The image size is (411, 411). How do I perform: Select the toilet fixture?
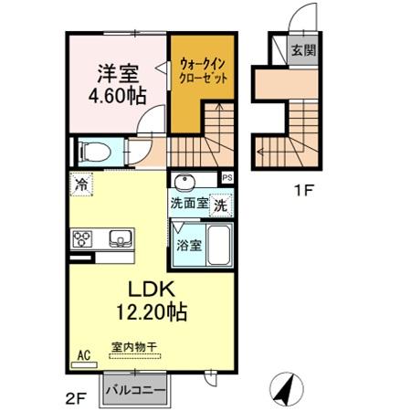[95, 152]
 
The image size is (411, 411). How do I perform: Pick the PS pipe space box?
[227, 178]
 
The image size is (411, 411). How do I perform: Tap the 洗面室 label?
[188, 205]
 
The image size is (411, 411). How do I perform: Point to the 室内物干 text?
[134, 347]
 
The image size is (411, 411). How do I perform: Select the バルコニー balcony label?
[135, 391]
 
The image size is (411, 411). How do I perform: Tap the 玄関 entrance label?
[303, 50]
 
